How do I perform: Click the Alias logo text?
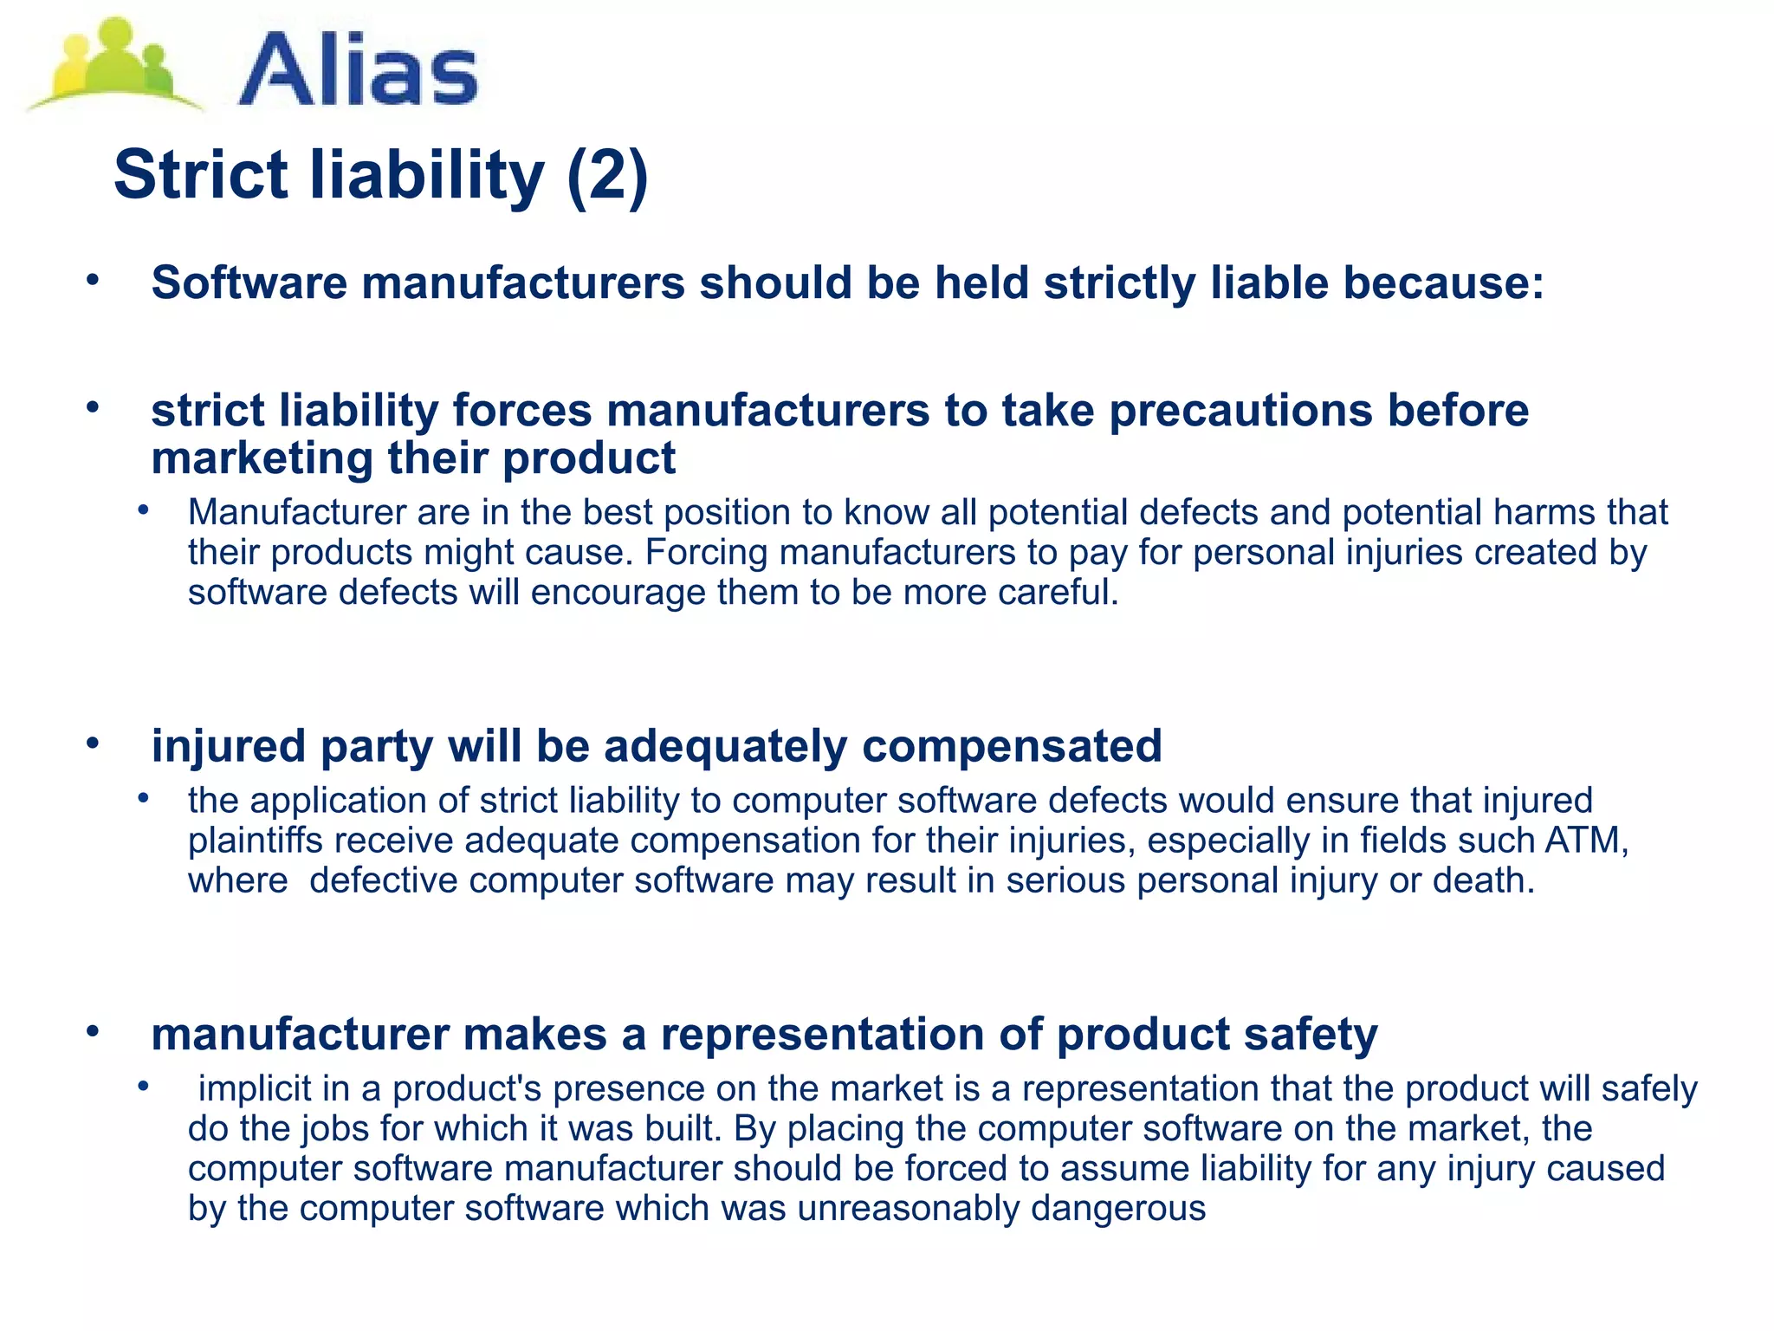(358, 69)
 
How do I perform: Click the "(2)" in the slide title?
(607, 176)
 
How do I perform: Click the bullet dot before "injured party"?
(93, 743)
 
